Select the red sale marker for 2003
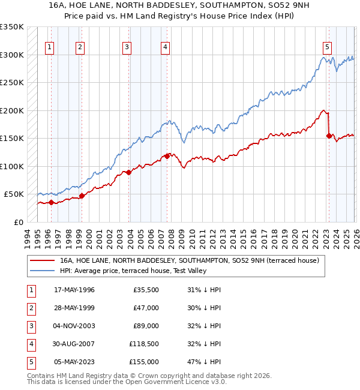tap(128, 173)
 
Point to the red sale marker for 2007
tap(167, 156)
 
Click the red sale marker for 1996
tap(51, 202)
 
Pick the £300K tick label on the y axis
tap(12, 55)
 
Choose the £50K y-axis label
tap(14, 194)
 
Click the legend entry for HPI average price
tap(134, 271)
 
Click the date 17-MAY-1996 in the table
tap(74, 290)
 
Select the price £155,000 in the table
tap(143, 362)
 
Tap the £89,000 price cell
tap(146, 326)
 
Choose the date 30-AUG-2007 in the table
tap(74, 344)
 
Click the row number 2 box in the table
tap(30, 308)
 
